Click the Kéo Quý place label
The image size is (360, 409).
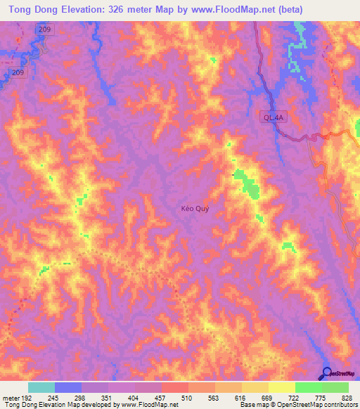195,209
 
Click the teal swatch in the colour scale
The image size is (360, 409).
41,387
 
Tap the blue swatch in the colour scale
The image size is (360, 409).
68,387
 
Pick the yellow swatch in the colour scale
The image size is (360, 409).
282,387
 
